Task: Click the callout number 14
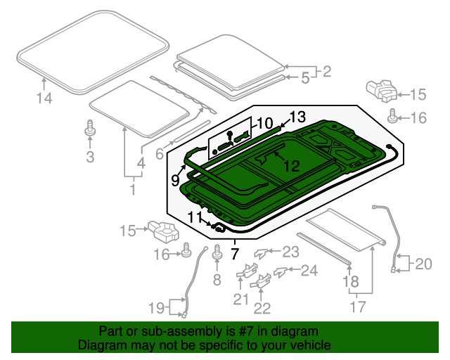coord(44,98)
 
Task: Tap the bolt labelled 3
coord(90,129)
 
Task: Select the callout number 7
coord(234,254)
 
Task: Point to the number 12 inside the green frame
coord(292,166)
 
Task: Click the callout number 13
coord(297,117)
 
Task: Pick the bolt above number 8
coord(217,252)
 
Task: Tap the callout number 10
coord(264,124)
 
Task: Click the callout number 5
coord(305,78)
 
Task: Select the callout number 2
coord(327,72)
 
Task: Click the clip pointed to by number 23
coord(261,253)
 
